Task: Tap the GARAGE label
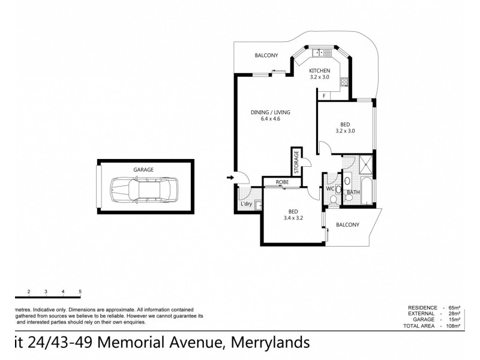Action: pos(143,170)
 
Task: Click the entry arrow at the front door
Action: pos(230,178)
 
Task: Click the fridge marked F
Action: pos(324,96)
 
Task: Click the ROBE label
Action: pos(283,182)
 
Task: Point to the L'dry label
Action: pos(246,204)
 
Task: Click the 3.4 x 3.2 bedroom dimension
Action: pos(293,218)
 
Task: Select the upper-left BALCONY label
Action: pos(266,55)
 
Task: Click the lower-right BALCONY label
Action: pos(347,225)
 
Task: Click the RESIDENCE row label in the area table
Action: pos(421,307)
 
